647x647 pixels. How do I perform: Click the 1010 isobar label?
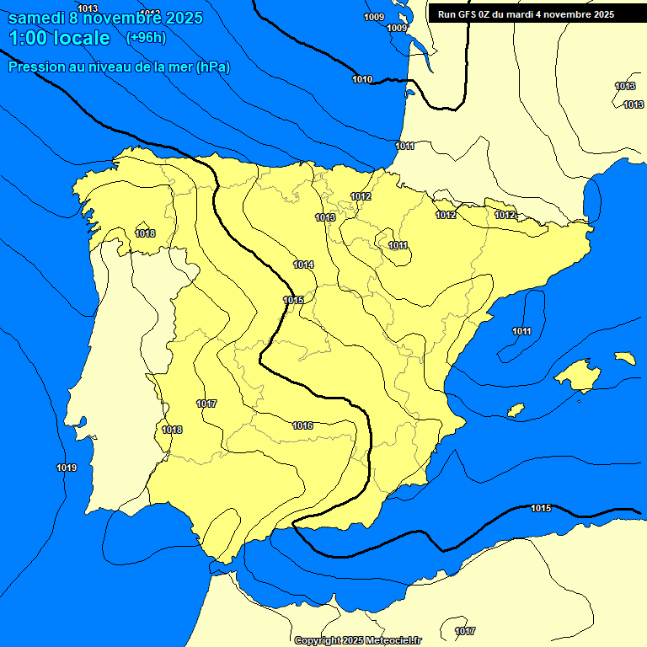[x=362, y=80]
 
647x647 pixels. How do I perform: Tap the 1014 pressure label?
[x=303, y=265]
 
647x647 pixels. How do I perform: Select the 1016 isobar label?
[x=302, y=425]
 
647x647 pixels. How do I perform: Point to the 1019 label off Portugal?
[x=67, y=468]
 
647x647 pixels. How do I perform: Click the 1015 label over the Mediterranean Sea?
[x=541, y=508]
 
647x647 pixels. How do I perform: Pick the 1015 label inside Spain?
[x=293, y=301]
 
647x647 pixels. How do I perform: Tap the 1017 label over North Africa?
[x=464, y=631]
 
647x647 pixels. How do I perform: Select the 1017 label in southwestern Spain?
[x=206, y=404]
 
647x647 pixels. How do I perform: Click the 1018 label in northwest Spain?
[x=145, y=233]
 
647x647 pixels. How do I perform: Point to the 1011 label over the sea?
[x=521, y=331]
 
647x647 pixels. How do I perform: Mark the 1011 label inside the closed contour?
[x=398, y=246]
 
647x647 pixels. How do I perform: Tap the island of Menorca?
[x=624, y=358]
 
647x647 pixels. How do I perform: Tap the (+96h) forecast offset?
[x=146, y=37]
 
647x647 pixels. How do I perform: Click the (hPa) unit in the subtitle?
[x=213, y=67]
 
